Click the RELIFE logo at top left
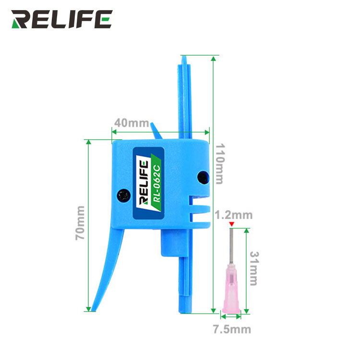tap(62, 19)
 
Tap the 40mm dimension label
tap(132, 123)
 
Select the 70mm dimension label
tap(80, 223)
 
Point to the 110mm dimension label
tap(219, 164)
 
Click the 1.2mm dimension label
tap(233, 215)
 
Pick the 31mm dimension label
tap(254, 268)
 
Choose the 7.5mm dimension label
tap(232, 329)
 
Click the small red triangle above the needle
tap(232, 224)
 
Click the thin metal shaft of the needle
tap(232, 246)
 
